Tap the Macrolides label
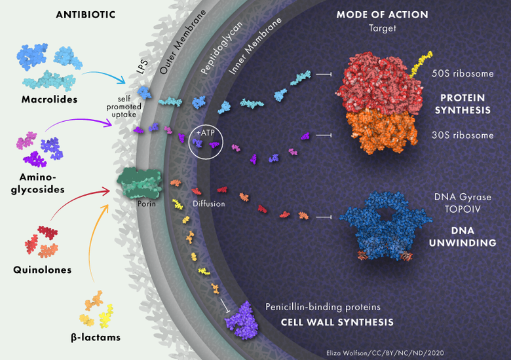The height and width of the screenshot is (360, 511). tap(48, 99)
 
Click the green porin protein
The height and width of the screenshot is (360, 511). tap(140, 183)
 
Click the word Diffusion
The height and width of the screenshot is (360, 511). tap(208, 204)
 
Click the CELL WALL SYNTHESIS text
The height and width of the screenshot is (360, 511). tap(337, 322)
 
